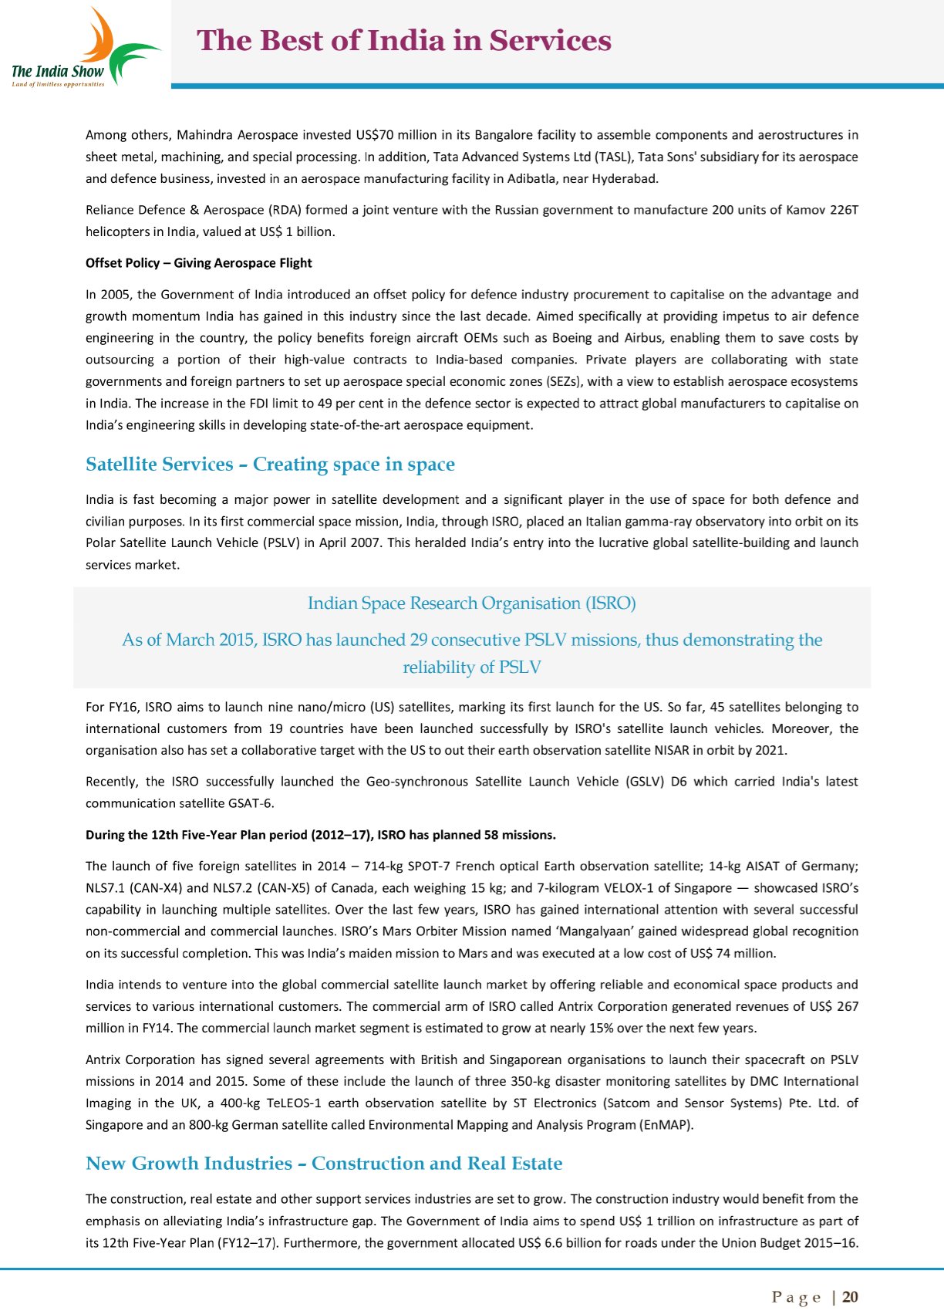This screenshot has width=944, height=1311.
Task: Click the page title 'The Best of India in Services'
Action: coord(404,41)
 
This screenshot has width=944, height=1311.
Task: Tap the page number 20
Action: coord(850,1297)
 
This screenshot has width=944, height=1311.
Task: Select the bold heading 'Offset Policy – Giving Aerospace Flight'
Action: coord(198,263)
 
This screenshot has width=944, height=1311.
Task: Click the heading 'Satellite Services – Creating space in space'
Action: coord(270,465)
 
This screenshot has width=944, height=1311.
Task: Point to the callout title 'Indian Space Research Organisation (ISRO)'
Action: coord(471,603)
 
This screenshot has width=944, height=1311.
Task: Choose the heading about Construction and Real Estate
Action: coord(324,1164)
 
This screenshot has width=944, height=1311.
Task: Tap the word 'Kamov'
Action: coord(805,210)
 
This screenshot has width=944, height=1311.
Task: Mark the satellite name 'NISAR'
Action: coord(671,750)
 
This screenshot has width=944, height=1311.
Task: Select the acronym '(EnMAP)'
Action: coord(666,1125)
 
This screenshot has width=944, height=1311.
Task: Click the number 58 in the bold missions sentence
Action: coord(491,835)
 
